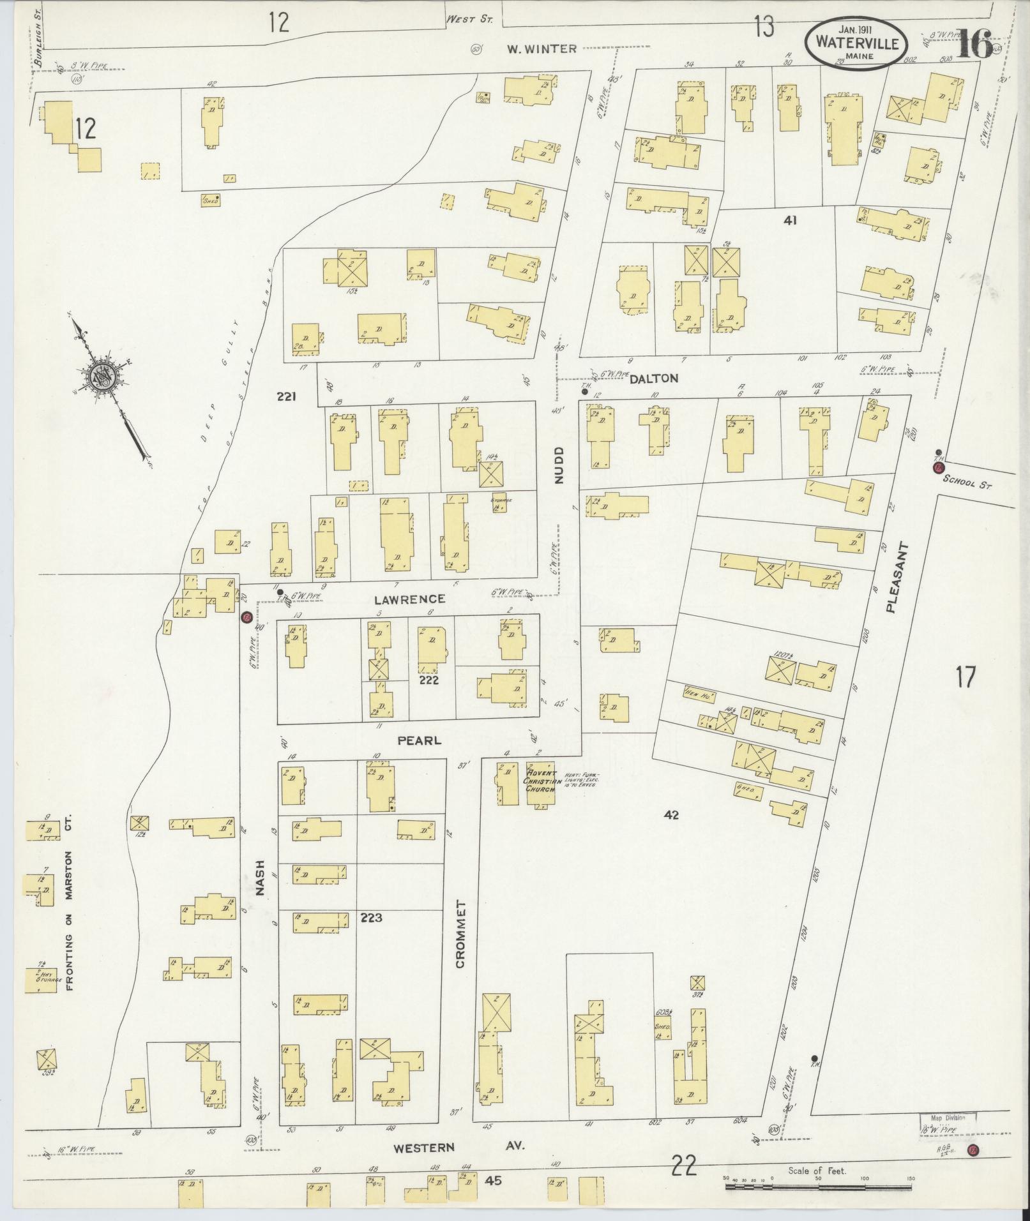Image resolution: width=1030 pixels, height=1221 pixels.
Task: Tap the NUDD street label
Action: pos(560,465)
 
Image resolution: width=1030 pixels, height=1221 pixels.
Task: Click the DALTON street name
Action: pos(653,378)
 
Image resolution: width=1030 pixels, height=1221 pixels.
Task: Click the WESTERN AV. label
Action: pos(458,1147)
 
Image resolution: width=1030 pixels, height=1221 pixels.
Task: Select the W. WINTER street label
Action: pos(542,49)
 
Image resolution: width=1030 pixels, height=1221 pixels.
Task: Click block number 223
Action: pos(371,918)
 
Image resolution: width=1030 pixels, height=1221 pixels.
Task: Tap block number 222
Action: pos(428,680)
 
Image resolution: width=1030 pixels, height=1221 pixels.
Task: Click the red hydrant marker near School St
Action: pos(938,467)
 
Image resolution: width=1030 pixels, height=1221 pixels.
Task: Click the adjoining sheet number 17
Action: pos(965,676)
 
